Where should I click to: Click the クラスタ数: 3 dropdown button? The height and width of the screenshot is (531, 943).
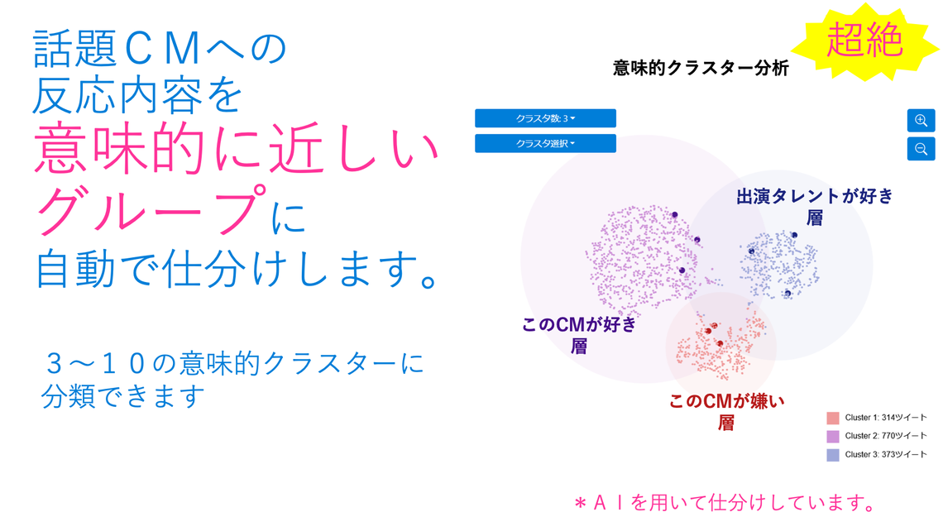click(545, 118)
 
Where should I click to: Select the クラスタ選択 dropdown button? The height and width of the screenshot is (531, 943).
click(545, 144)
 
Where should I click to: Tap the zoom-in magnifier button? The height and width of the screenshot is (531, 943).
click(921, 121)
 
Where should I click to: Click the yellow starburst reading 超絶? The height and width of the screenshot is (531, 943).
click(864, 41)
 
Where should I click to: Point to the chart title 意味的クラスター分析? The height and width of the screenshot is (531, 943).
click(701, 68)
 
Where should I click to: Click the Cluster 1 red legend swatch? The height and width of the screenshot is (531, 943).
click(832, 418)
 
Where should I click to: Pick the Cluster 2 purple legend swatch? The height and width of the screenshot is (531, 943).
click(832, 436)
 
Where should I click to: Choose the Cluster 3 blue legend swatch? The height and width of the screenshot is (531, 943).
click(832, 454)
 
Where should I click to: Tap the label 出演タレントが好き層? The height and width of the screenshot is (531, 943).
click(814, 207)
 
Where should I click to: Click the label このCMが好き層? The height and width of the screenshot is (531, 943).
click(579, 334)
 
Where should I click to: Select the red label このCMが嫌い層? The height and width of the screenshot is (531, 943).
click(726, 411)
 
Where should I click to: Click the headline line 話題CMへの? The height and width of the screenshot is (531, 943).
click(160, 50)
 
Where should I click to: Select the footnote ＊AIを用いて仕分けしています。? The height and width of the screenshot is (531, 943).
click(724, 502)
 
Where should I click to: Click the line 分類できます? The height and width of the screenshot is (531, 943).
click(123, 397)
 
